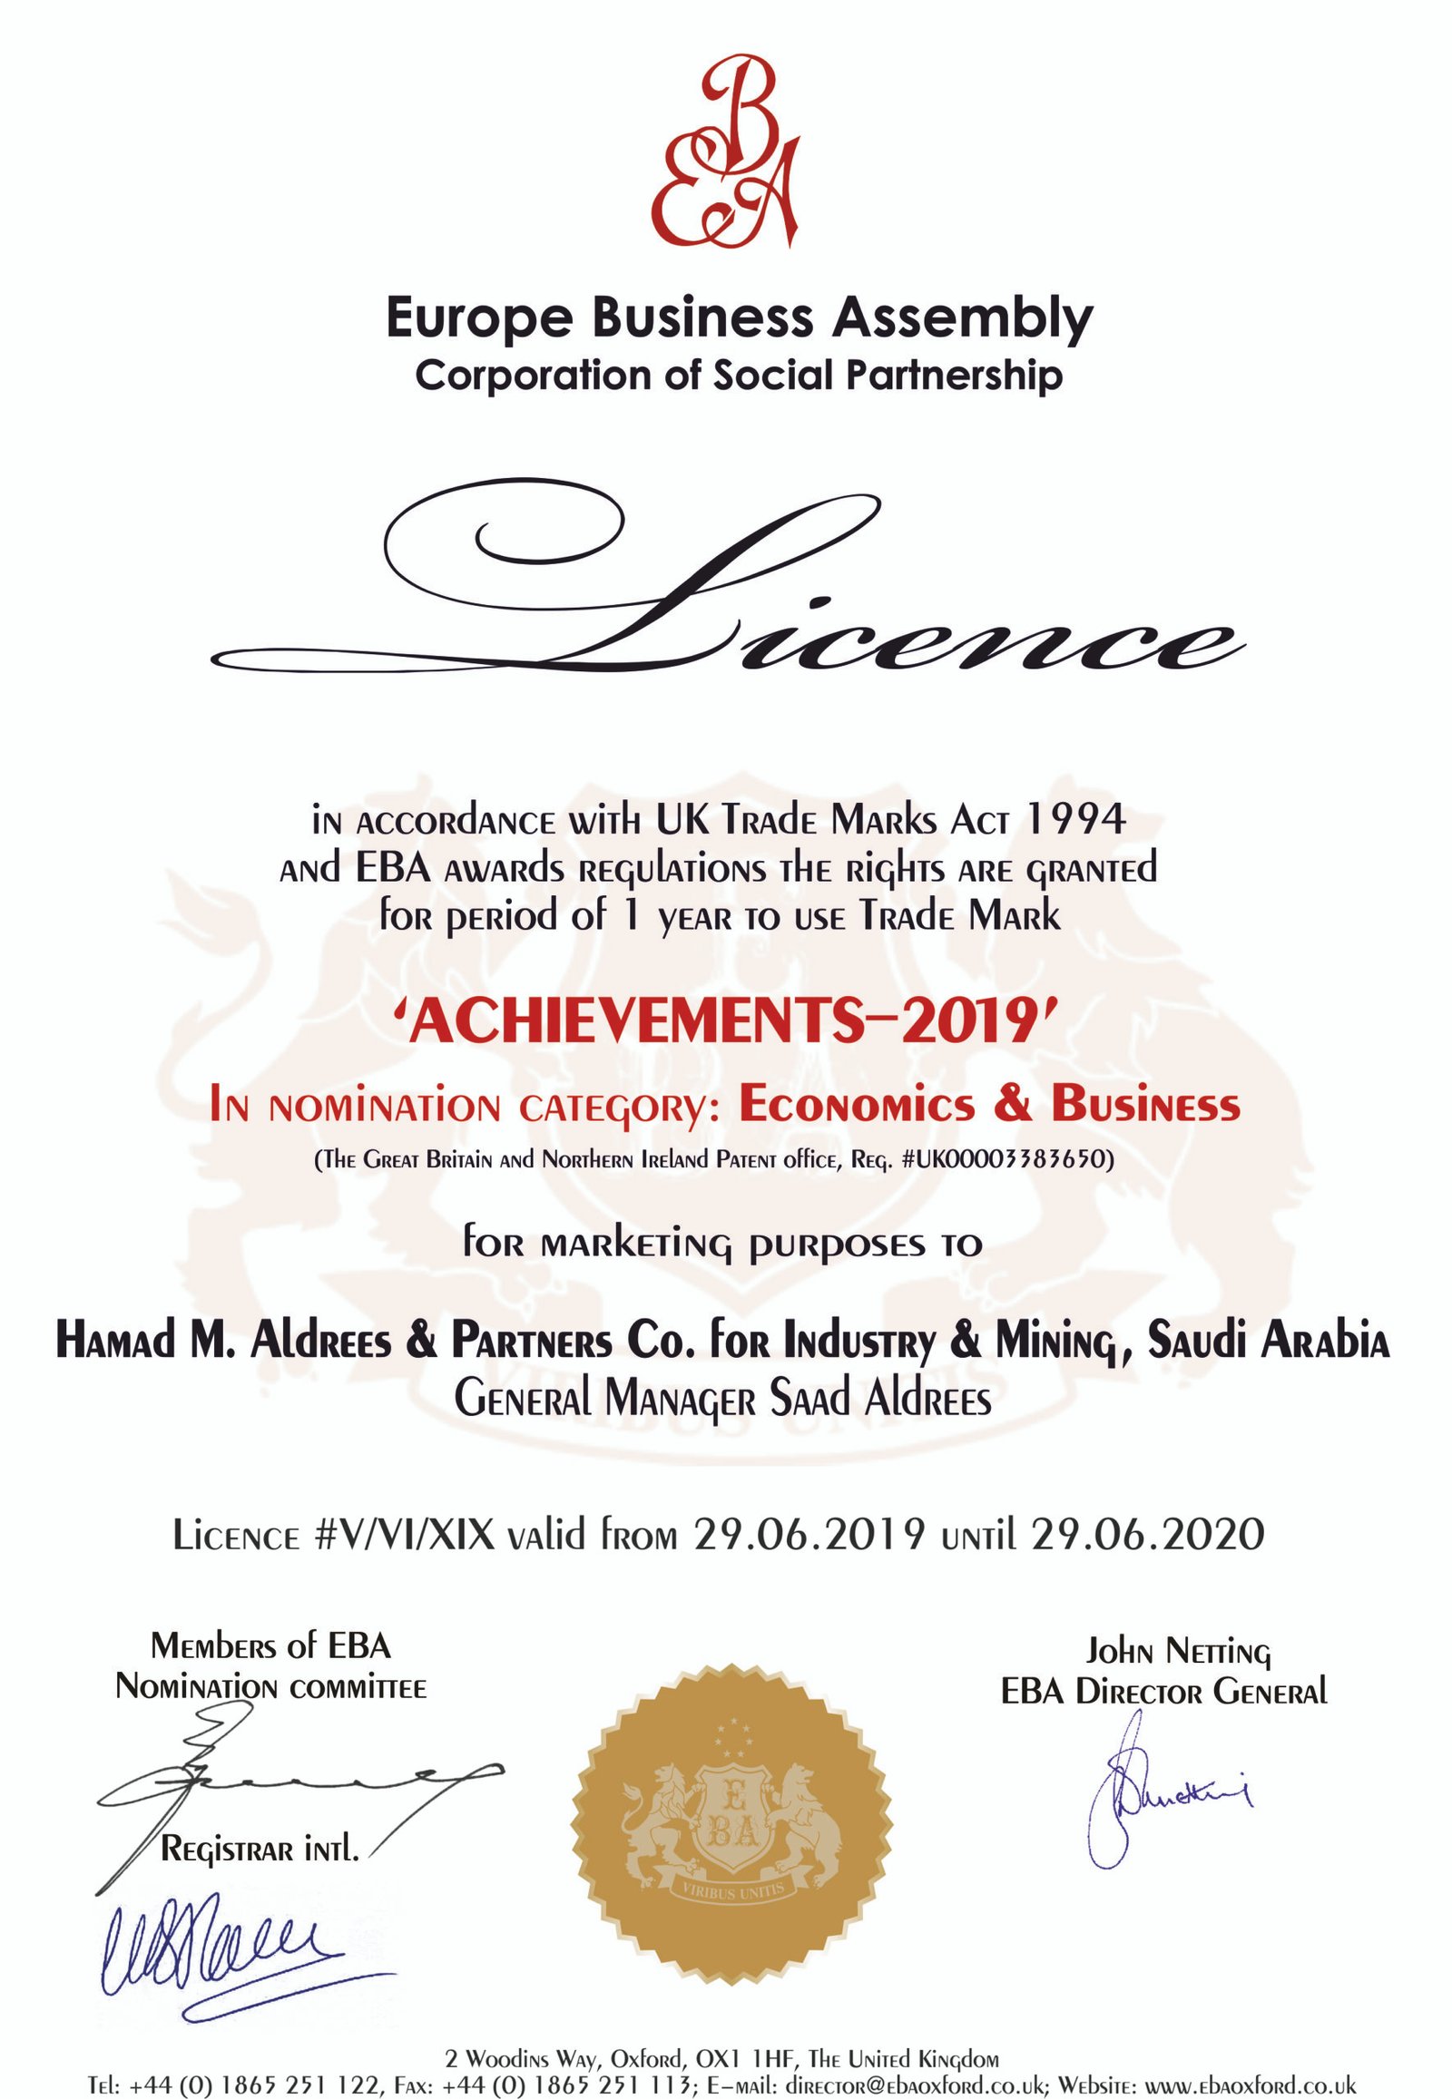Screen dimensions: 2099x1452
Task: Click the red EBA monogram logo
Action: [726, 151]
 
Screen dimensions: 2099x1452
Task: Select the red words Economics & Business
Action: [990, 1105]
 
